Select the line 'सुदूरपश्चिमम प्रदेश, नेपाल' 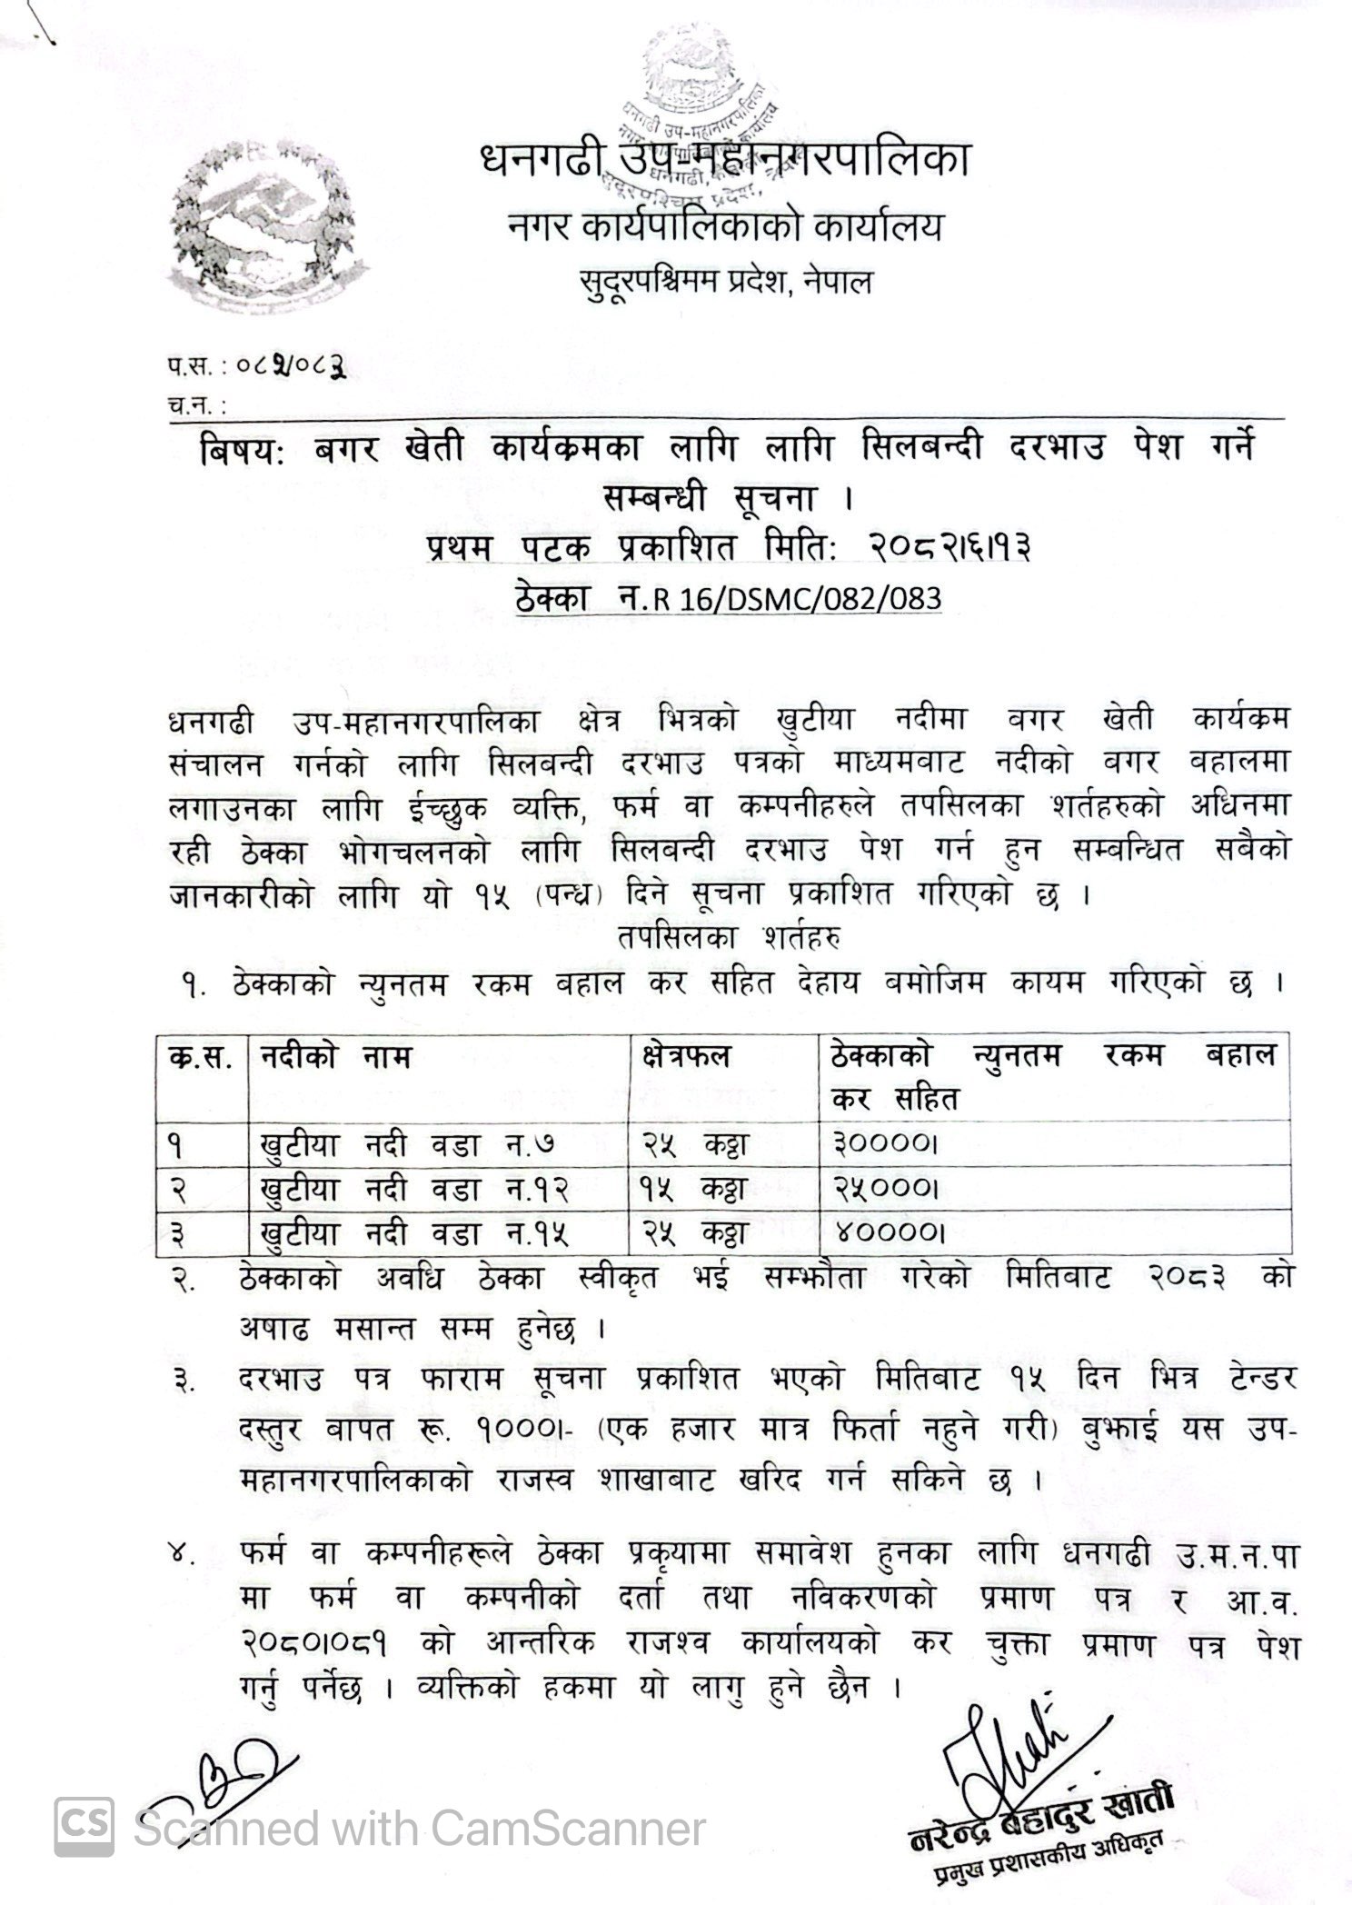(x=725, y=282)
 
